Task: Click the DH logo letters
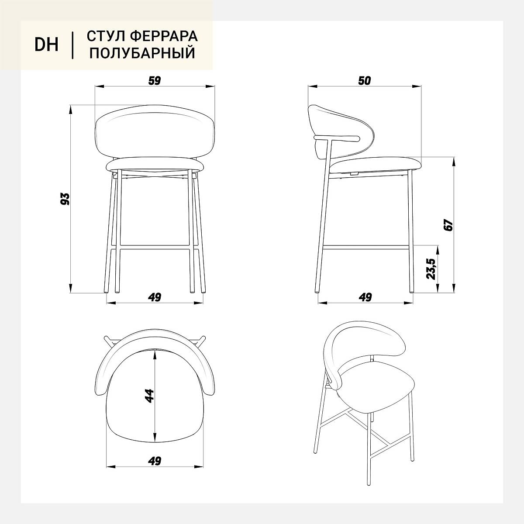(x=46, y=45)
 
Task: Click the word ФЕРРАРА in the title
(x=164, y=36)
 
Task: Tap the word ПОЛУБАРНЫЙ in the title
(x=142, y=53)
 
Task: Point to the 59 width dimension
(x=155, y=80)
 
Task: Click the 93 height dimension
(x=65, y=199)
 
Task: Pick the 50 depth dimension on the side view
(x=364, y=80)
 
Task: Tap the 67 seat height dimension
(x=448, y=225)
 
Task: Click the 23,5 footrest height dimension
(x=431, y=269)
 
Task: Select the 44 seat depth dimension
(x=149, y=396)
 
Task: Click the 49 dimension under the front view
(x=155, y=297)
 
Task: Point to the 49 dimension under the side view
(x=365, y=297)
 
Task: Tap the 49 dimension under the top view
(x=155, y=461)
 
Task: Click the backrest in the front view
(x=155, y=132)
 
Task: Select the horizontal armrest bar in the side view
(x=336, y=138)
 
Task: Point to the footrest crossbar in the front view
(x=155, y=248)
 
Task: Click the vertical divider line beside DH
(x=72, y=45)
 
